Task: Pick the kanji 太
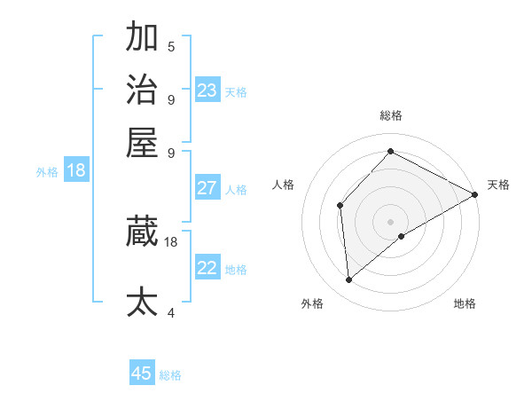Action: coord(142,302)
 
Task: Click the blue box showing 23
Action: coord(207,90)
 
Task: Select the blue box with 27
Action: coord(207,188)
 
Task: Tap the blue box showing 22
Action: coord(207,268)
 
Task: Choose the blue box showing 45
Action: coord(142,374)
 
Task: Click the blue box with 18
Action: coord(76,170)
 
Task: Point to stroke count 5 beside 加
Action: coord(171,46)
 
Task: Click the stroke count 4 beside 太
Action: coord(171,312)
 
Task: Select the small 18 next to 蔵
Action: coord(171,241)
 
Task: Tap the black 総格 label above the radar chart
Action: coord(390,115)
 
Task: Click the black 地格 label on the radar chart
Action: coord(465,303)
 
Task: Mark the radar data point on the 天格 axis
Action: coord(475,195)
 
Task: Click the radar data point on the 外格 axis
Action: coord(348,280)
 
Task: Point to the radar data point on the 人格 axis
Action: coord(340,206)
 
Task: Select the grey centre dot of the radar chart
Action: coord(390,222)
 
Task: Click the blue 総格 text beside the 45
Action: coord(170,375)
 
